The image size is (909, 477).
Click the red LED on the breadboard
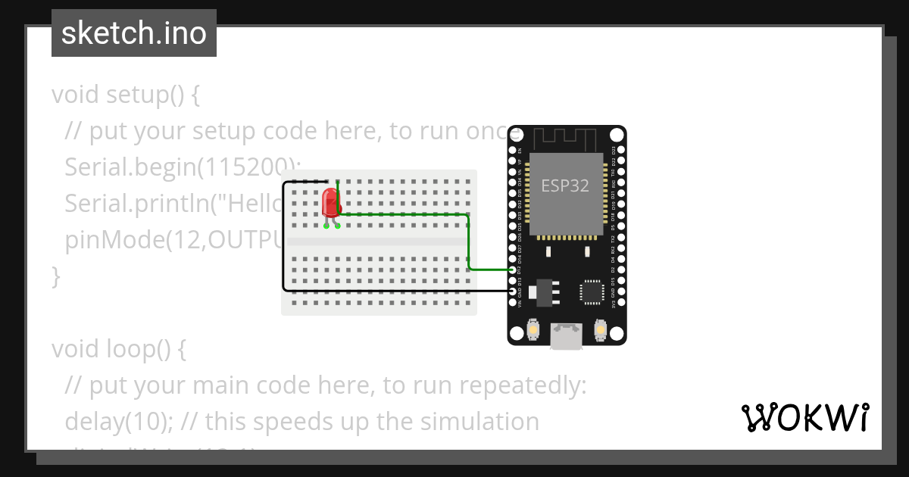(330, 203)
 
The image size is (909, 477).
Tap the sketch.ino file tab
(134, 33)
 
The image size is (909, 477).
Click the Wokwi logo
(804, 417)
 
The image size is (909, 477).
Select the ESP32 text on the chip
(565, 185)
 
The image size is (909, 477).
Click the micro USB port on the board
(567, 336)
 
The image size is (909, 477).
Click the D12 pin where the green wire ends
(514, 270)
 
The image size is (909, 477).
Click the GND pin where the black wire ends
(514, 291)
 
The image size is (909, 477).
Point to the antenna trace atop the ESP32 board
(567, 138)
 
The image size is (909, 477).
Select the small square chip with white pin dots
(592, 292)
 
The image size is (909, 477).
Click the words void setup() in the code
(126, 95)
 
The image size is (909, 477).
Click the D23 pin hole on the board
(621, 150)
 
